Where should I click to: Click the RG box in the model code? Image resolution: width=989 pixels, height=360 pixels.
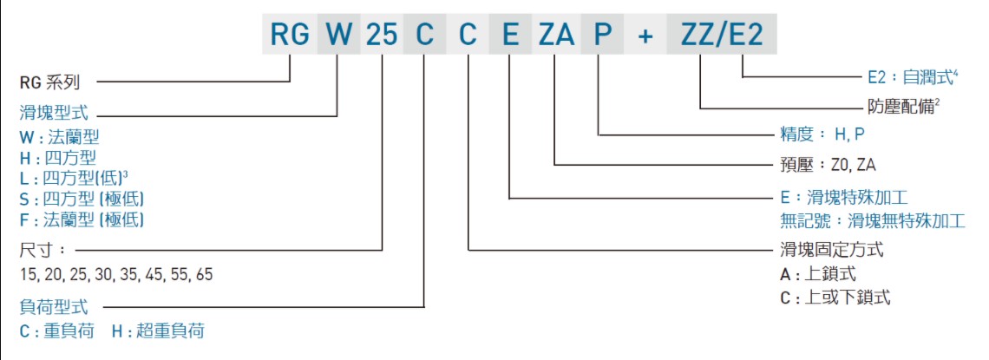point(290,34)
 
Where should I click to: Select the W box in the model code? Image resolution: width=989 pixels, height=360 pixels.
point(337,34)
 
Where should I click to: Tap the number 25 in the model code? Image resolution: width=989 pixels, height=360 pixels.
point(382,34)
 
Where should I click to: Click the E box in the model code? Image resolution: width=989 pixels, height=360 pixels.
point(511,34)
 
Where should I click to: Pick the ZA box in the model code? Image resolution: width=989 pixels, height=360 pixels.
point(556,34)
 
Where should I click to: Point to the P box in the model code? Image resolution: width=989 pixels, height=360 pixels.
point(602,34)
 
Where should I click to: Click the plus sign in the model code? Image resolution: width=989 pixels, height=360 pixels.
point(645,34)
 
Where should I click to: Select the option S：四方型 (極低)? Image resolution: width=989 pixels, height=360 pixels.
point(82,199)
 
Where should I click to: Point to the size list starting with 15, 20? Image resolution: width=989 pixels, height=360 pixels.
point(115,275)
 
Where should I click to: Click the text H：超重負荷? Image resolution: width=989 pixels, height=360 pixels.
point(160,331)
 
